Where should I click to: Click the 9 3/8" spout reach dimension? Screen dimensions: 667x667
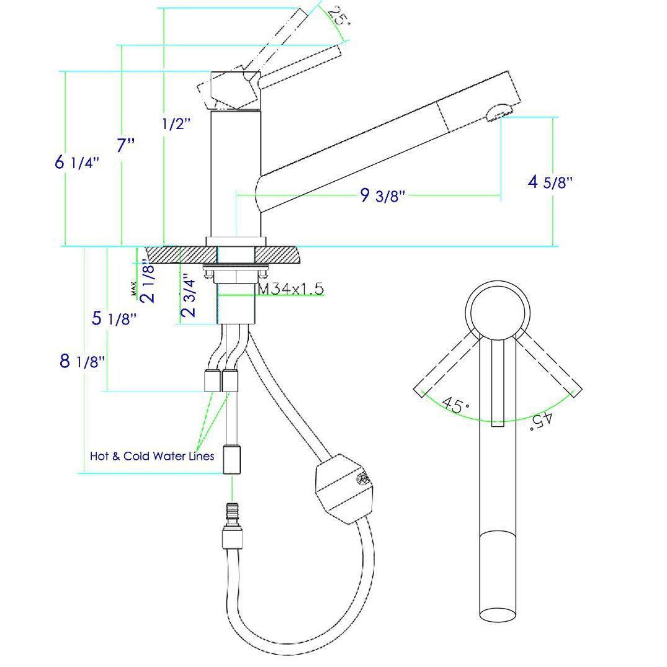pyautogui.click(x=382, y=195)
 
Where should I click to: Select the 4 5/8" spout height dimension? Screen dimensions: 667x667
pyautogui.click(x=549, y=182)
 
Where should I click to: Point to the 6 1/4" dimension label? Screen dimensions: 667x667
pyautogui.click(x=77, y=163)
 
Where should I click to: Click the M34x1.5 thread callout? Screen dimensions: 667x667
pyautogui.click(x=290, y=289)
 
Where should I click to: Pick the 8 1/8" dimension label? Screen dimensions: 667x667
pyautogui.click(x=81, y=361)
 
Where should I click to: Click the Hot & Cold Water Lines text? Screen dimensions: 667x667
pyautogui.click(x=152, y=456)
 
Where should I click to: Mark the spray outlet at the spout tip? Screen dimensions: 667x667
pyautogui.click(x=498, y=114)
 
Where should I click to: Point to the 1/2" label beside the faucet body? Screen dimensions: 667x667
pyautogui.click(x=176, y=124)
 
